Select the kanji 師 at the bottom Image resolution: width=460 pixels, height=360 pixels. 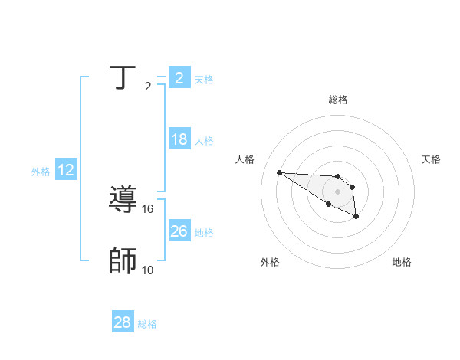tap(123, 261)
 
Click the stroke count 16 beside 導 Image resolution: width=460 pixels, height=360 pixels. tap(148, 208)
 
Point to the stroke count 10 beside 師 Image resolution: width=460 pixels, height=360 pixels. tap(148, 270)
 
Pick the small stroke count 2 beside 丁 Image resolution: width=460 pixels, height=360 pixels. tap(148, 87)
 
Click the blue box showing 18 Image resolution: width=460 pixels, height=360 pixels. tap(179, 139)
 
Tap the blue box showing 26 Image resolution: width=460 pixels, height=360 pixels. tap(179, 231)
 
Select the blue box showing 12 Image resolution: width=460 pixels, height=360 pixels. tap(66, 170)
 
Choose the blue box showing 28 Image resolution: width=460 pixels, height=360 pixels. tap(123, 322)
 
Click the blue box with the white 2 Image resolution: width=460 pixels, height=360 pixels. tap(179, 77)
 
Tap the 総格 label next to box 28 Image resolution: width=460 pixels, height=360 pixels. tap(148, 324)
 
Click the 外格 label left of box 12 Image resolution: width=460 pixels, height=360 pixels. tap(41, 172)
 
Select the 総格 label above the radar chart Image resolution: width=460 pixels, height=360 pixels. tap(337, 100)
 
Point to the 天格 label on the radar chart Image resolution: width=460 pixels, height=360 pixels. tap(431, 159)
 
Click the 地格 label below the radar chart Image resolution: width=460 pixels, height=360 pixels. tap(402, 262)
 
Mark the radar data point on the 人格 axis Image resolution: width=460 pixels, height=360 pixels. tap(279, 172)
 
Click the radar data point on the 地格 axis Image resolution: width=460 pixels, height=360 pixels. tap(356, 218)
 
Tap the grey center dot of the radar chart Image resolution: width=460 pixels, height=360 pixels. tap(337, 191)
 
